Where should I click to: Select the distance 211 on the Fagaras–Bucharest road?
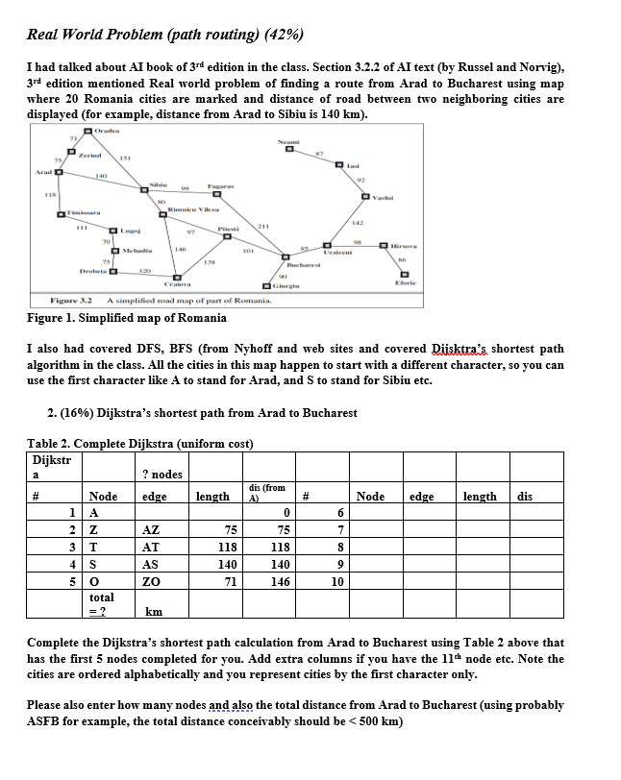click(x=261, y=224)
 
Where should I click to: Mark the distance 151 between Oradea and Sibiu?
click(x=124, y=158)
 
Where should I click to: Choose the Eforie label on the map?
click(x=405, y=282)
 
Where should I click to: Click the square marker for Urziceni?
click(x=328, y=245)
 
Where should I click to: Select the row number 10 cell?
click(x=337, y=582)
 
